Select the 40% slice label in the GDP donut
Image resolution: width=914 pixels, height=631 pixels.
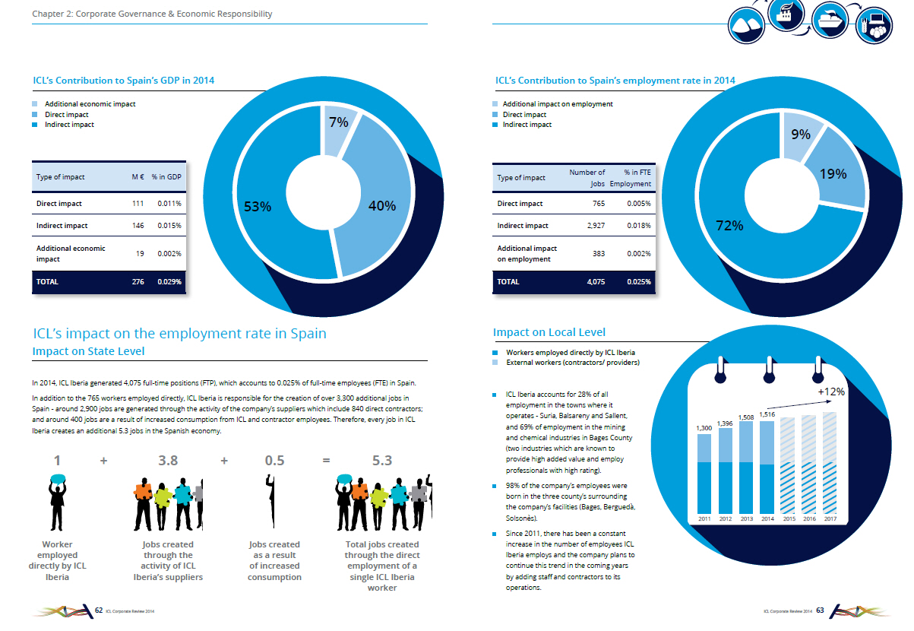[382, 205]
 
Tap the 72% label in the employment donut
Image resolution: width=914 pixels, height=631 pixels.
[729, 225]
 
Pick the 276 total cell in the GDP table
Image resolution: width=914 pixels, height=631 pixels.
[138, 282]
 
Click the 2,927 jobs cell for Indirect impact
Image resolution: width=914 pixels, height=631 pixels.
[596, 226]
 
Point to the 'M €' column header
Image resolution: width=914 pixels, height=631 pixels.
[138, 177]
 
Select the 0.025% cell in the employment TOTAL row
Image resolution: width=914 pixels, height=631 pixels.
[639, 282]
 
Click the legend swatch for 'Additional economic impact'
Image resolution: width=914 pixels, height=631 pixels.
[35, 104]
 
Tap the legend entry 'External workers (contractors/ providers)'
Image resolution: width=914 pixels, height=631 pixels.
[572, 363]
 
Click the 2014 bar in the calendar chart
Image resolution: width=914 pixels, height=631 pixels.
[767, 468]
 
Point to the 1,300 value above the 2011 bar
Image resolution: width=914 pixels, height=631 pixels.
[704, 428]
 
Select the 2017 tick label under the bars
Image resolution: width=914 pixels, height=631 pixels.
[830, 518]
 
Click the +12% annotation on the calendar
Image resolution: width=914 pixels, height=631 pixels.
[831, 392]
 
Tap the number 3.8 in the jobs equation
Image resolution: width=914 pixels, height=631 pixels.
[168, 461]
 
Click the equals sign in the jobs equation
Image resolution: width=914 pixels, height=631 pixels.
[326, 461]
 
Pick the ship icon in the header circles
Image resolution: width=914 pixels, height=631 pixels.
[830, 21]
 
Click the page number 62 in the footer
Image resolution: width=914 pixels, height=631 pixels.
[99, 610]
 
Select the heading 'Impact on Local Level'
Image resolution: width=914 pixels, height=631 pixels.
[549, 332]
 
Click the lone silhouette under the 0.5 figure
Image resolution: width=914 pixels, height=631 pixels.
[271, 501]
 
